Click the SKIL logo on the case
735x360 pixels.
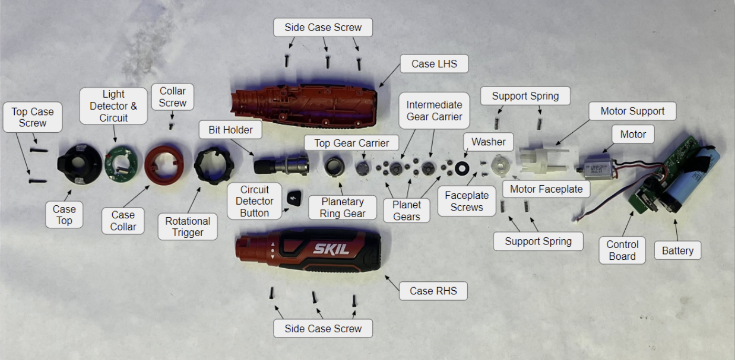pyautogui.click(x=331, y=249)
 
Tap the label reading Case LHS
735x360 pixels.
pyautogui.click(x=434, y=64)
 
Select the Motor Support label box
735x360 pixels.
pyautogui.click(x=632, y=111)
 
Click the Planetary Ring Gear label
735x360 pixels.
pyautogui.click(x=342, y=207)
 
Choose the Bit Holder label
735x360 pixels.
pyautogui.click(x=230, y=130)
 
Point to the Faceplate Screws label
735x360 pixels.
pyautogui.click(x=466, y=201)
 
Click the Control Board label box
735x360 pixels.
pyautogui.click(x=622, y=250)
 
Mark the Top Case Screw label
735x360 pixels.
pyautogui.click(x=33, y=117)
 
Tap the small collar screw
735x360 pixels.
pyautogui.click(x=171, y=126)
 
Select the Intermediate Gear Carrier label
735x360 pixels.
pyautogui.click(x=434, y=110)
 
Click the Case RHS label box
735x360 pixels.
pyautogui.click(x=433, y=291)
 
